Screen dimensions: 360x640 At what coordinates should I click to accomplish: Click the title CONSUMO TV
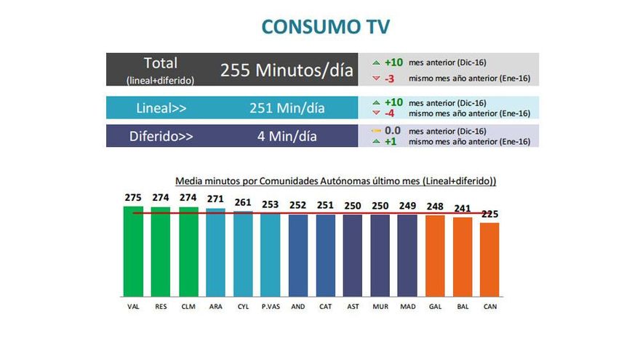click(325, 27)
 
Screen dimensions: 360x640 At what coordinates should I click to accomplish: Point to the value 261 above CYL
click(243, 201)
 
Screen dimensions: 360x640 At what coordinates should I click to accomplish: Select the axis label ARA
click(216, 307)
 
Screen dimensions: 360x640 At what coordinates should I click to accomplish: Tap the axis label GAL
click(436, 307)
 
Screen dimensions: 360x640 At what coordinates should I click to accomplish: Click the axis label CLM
click(188, 307)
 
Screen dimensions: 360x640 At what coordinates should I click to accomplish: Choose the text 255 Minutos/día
click(287, 71)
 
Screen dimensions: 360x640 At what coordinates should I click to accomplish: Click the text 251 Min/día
click(287, 108)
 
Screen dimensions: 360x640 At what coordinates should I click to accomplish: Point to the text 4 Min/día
click(287, 136)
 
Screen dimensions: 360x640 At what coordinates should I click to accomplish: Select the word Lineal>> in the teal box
click(161, 108)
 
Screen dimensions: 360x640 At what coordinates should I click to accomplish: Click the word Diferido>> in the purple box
click(161, 136)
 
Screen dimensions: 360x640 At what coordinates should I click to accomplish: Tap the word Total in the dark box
click(161, 63)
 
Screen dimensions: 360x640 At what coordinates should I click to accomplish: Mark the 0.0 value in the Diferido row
click(393, 130)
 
